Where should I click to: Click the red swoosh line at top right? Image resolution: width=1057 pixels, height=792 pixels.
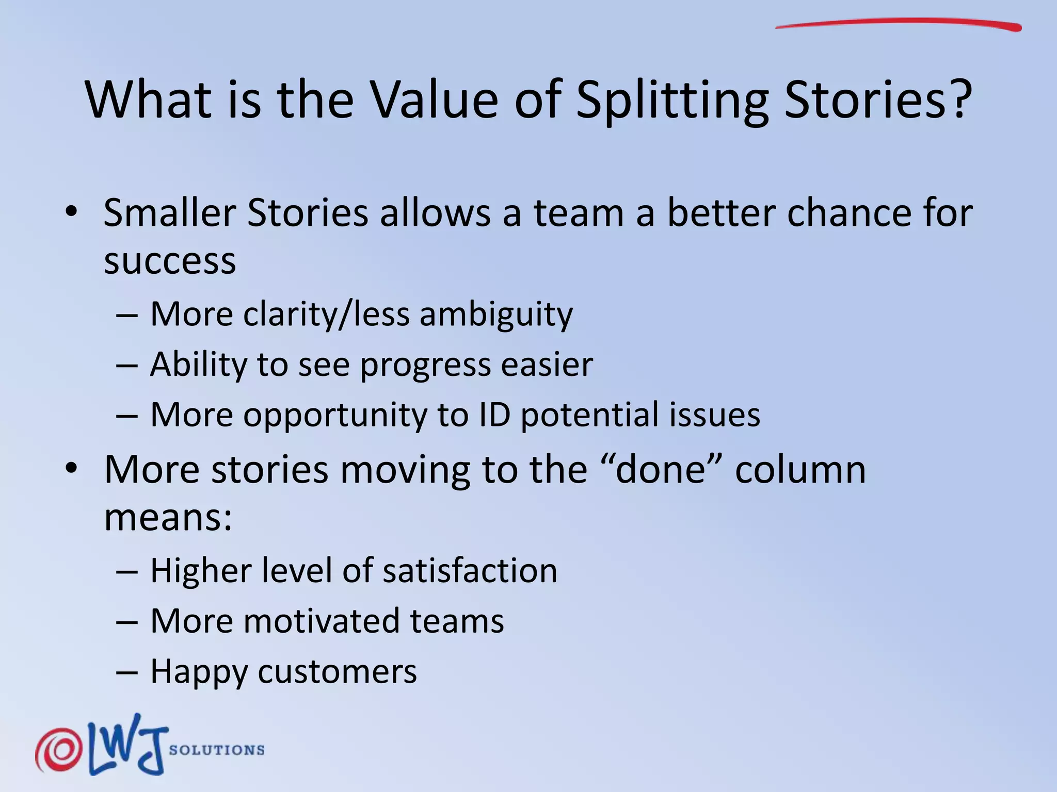898,23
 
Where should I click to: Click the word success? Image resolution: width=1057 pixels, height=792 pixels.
170,261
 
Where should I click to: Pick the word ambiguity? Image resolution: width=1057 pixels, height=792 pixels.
496,315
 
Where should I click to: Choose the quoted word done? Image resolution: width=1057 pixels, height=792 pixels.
661,470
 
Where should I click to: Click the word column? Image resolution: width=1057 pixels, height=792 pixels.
800,470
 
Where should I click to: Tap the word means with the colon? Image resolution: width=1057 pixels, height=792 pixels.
168,518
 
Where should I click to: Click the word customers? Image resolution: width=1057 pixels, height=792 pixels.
337,672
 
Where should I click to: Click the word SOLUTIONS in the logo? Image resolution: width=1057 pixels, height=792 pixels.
217,750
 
